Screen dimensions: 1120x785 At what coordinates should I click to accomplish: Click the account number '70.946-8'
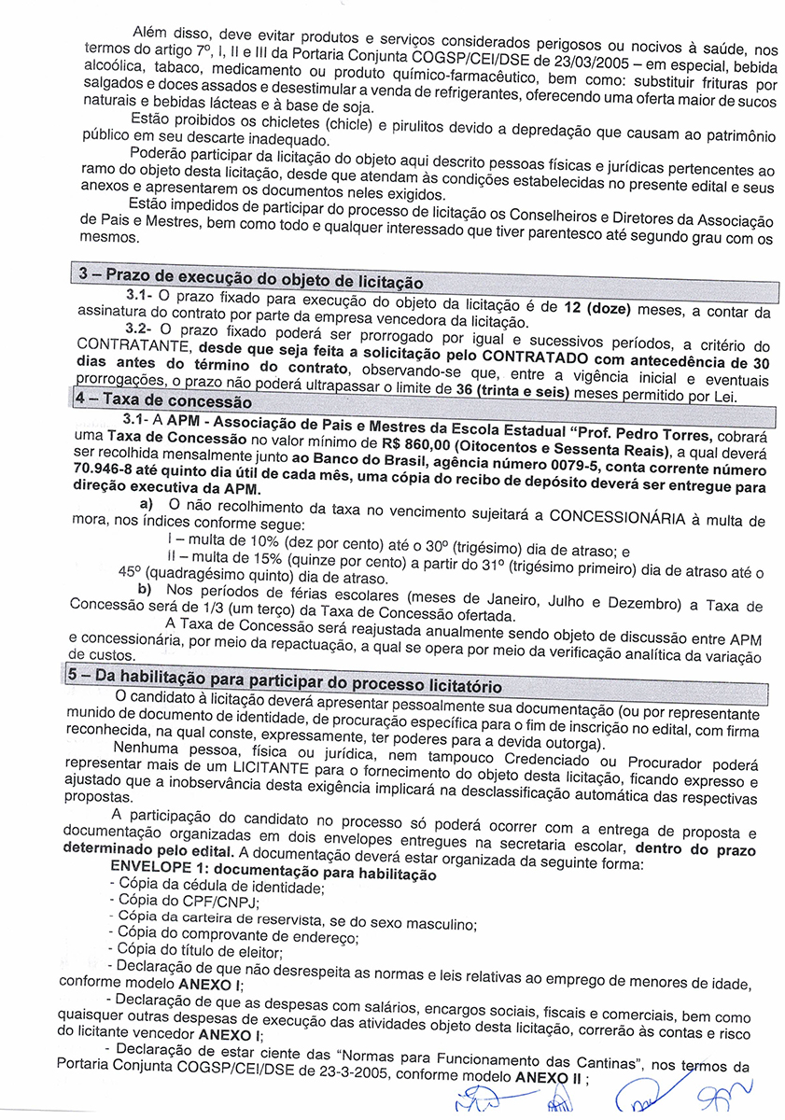[x=102, y=473]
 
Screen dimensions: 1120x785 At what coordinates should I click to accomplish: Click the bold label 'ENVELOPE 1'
[x=162, y=874]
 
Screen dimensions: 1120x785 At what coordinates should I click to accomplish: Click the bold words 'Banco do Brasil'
[x=363, y=458]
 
